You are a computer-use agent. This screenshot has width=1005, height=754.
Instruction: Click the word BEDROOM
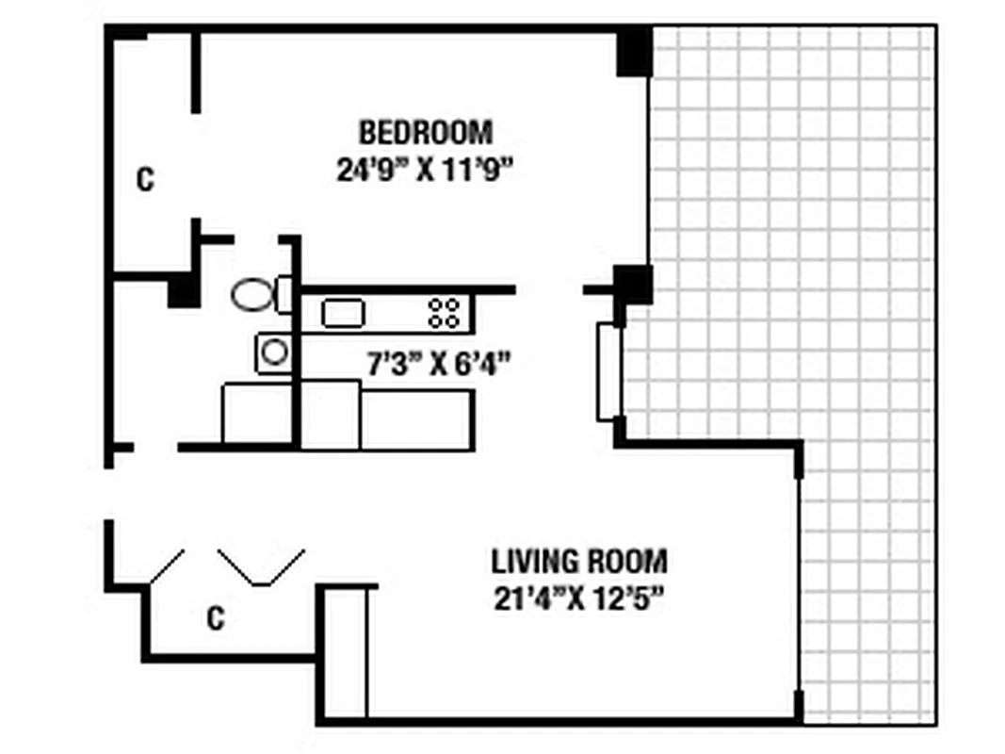(425, 130)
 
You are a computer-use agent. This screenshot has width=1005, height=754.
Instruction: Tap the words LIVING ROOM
(579, 562)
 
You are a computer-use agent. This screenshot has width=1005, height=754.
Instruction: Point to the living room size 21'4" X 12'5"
(579, 598)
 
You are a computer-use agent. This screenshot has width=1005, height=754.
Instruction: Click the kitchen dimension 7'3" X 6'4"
(438, 363)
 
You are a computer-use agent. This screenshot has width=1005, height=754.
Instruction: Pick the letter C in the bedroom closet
(144, 179)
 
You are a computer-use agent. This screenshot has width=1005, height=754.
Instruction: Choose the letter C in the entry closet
(216, 618)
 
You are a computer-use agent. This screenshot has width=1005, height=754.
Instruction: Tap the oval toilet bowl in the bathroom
(251, 294)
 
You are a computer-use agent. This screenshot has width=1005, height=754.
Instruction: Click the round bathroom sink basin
(274, 352)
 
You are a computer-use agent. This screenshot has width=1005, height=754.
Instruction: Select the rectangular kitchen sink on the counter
(343, 313)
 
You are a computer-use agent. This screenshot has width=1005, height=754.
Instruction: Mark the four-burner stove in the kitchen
(445, 313)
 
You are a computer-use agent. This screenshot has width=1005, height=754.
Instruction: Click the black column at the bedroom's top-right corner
(634, 52)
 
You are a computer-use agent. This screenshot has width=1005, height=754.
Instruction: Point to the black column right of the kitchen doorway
(633, 284)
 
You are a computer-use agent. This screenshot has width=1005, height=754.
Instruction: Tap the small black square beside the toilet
(183, 292)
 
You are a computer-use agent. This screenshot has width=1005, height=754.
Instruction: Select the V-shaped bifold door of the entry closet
(262, 567)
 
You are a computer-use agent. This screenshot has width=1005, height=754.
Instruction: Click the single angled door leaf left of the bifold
(166, 565)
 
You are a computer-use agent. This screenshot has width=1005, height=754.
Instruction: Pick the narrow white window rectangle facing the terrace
(608, 371)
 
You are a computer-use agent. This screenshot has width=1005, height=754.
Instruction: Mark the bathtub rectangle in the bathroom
(256, 413)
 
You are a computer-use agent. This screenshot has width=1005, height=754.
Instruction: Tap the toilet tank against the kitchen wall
(284, 294)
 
